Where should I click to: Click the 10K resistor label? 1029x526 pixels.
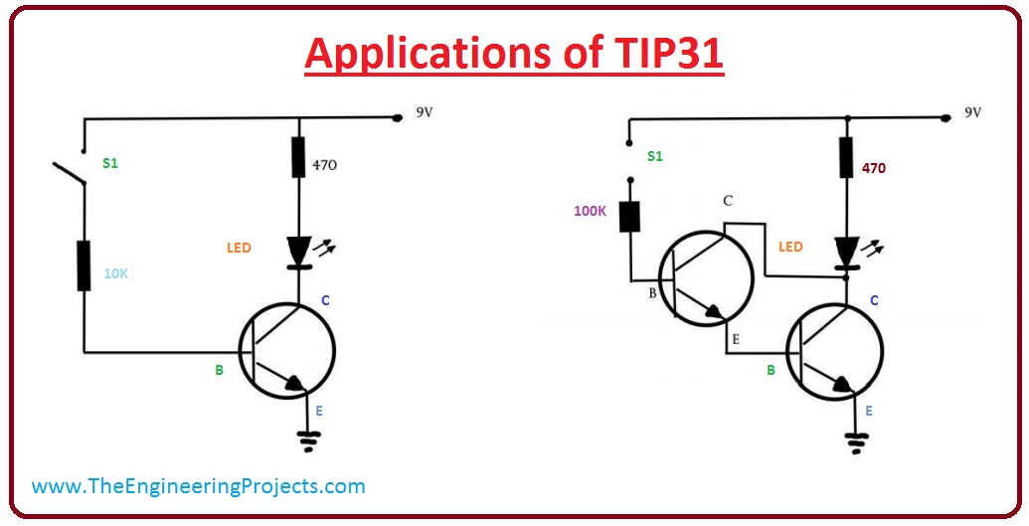click(x=116, y=273)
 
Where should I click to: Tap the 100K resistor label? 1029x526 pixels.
click(x=591, y=212)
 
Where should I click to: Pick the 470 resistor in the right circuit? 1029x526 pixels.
click(x=846, y=156)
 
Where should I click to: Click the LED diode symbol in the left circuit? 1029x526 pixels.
click(x=299, y=251)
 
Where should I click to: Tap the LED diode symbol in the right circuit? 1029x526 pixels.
click(x=846, y=253)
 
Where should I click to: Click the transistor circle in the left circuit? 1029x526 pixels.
click(x=287, y=350)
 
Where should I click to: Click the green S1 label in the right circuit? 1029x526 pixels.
click(x=655, y=156)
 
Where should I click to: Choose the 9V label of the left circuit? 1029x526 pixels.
click(x=425, y=112)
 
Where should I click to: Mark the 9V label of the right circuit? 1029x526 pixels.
click(x=972, y=112)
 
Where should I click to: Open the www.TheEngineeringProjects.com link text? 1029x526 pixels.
click(x=199, y=486)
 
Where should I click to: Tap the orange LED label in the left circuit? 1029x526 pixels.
click(x=239, y=248)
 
